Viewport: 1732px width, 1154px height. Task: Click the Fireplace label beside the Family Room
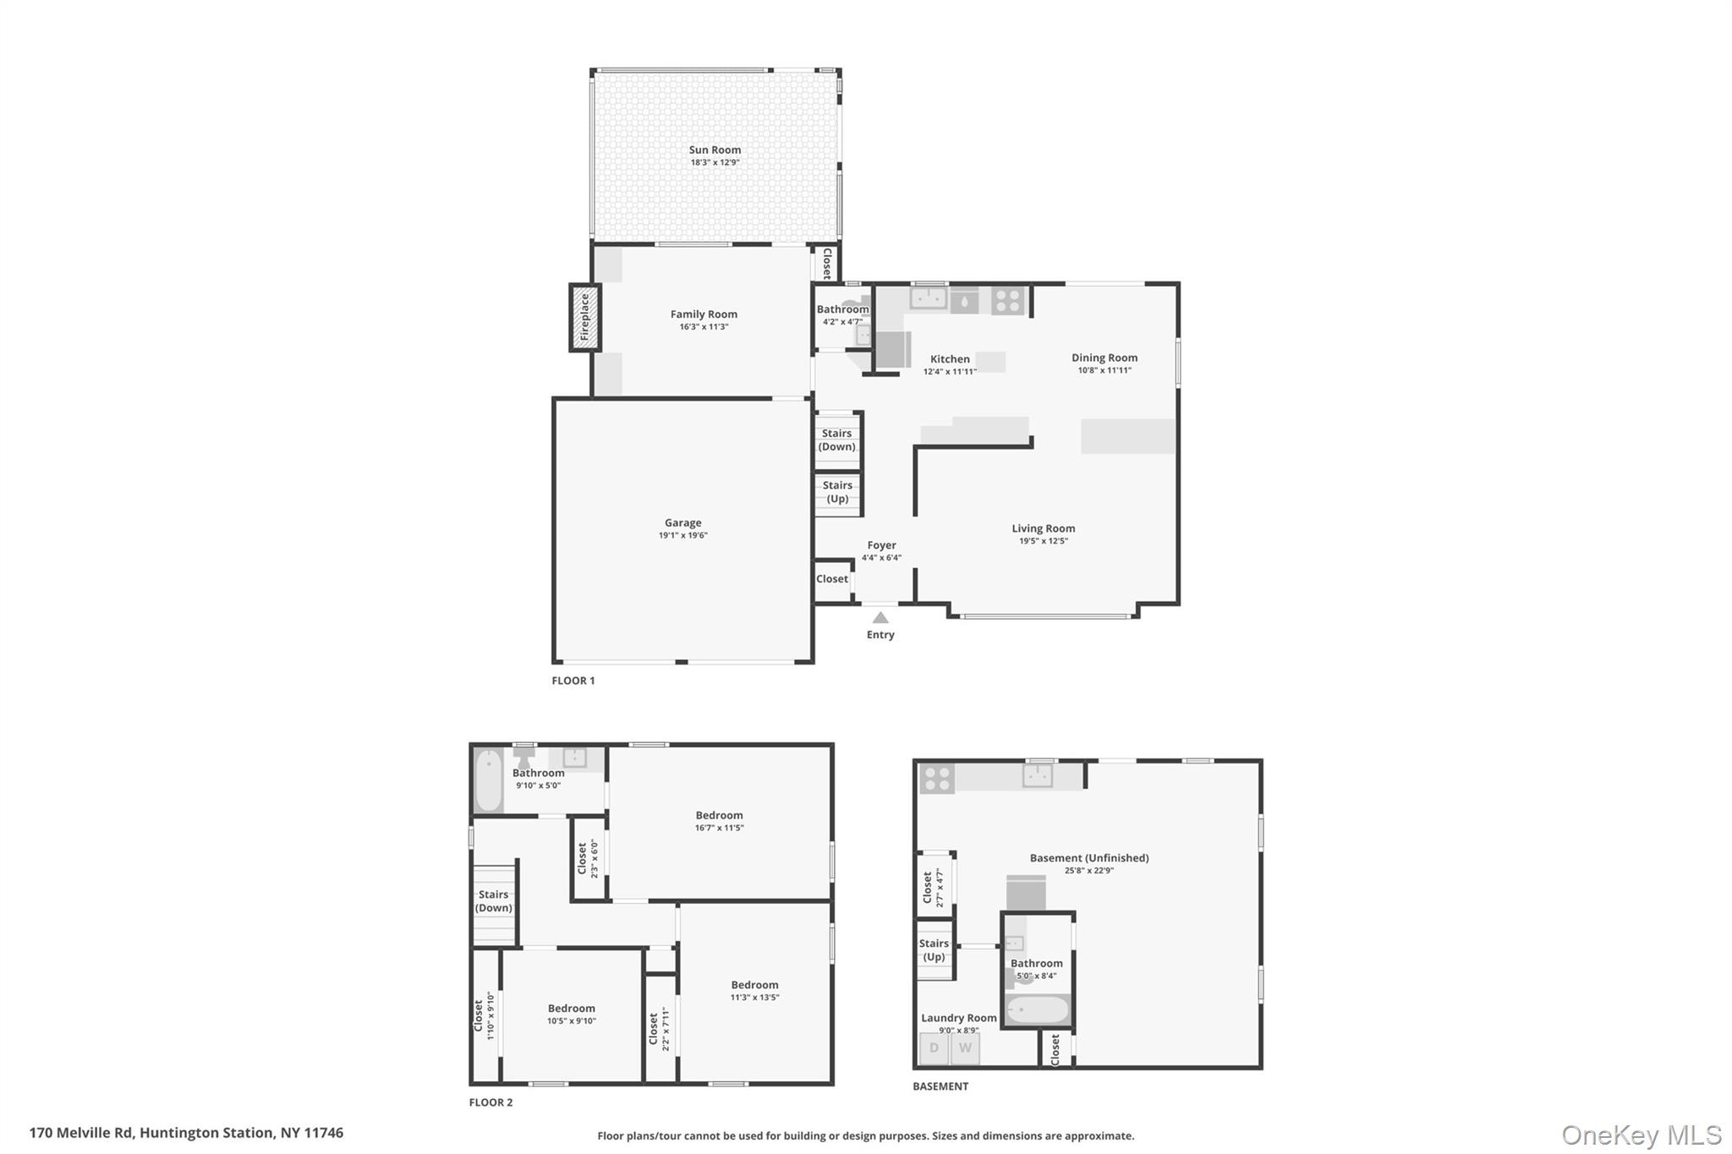[584, 317]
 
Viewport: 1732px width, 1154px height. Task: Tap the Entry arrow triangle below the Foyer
[880, 618]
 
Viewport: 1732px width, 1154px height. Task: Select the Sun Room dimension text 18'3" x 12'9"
[715, 162]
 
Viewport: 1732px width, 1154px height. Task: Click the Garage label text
[682, 522]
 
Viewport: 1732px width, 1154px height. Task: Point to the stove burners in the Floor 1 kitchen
[1007, 300]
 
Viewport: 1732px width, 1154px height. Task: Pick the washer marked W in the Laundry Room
[965, 1048]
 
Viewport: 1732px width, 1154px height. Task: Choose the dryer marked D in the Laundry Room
[934, 1048]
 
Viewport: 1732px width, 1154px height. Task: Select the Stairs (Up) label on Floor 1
[837, 492]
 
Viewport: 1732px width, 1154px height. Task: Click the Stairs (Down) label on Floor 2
[493, 901]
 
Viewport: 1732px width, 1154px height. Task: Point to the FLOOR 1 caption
[573, 681]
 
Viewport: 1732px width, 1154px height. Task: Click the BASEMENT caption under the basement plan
[940, 1086]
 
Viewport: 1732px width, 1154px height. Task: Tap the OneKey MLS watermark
[1642, 1135]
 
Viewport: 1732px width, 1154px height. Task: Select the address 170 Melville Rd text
[82, 1133]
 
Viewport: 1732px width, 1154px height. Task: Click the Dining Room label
[1104, 358]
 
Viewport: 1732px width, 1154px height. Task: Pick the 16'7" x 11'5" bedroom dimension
[720, 828]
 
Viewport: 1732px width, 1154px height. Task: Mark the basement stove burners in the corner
[937, 779]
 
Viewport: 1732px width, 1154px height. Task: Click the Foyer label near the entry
[881, 545]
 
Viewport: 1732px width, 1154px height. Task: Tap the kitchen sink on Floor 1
[929, 298]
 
